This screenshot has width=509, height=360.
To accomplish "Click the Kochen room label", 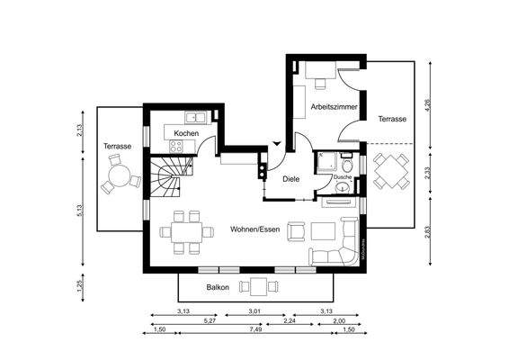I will tap(186, 133).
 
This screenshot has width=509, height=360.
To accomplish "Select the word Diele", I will tap(290, 179).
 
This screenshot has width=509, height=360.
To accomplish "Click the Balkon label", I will tap(217, 288).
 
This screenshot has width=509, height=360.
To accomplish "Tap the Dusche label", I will tap(342, 177).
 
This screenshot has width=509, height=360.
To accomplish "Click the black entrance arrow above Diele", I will tap(276, 145).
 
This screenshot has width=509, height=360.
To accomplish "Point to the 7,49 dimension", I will tap(256, 329).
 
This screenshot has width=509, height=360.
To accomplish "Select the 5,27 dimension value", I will tap(209, 320).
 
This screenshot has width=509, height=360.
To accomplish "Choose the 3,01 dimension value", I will tap(255, 311).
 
